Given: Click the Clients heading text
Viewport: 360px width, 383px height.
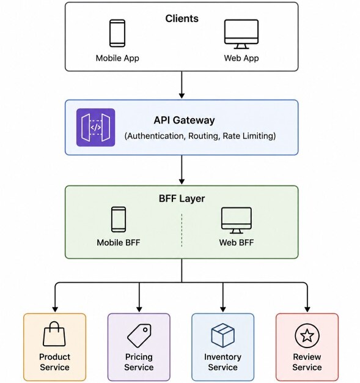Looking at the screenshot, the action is point(182,18).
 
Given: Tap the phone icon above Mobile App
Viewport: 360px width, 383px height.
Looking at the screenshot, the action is point(117,33).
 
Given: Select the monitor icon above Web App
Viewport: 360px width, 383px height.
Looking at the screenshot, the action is point(241,34).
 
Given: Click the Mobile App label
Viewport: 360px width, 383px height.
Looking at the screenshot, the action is point(117,58).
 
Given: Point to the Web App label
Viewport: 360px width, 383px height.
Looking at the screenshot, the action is point(241,58).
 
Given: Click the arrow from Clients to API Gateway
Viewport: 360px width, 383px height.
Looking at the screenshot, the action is point(182,85).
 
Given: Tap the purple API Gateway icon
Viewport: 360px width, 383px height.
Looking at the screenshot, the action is point(96,127).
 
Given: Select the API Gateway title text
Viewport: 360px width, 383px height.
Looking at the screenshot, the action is point(184,120).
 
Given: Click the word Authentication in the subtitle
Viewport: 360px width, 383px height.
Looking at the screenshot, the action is point(155,136).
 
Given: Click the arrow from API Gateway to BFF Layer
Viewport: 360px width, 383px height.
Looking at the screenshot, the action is point(182,169).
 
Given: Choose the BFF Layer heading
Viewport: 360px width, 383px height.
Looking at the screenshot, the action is point(182,198).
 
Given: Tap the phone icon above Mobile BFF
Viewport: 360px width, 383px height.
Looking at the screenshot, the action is point(119,220).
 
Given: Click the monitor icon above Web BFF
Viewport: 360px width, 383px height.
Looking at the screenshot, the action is point(237,221).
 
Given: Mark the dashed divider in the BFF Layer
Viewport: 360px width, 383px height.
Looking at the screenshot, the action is point(182,230).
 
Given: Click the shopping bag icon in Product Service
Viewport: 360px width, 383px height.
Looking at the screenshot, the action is point(54,333).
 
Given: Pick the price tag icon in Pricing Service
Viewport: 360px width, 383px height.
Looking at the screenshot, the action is point(139,336).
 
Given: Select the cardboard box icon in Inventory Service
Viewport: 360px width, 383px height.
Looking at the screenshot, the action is point(223,335).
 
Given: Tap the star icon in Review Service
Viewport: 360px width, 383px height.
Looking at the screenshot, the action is point(307,336).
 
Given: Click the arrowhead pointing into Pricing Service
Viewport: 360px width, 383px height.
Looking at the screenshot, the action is point(139,309).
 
